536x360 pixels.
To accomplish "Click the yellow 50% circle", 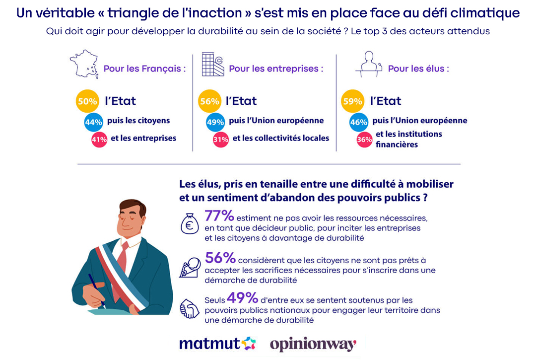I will (x=87, y=101).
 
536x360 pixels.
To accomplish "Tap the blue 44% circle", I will (x=94, y=122).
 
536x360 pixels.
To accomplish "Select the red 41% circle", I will (x=99, y=140).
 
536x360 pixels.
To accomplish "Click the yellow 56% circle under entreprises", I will (x=209, y=101).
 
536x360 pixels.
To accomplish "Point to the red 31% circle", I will (x=221, y=140).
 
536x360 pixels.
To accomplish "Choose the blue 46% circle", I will (x=359, y=122).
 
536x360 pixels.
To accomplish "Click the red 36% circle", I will (x=364, y=140).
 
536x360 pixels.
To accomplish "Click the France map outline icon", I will (x=84, y=64).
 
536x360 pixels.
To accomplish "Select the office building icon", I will (x=213, y=64).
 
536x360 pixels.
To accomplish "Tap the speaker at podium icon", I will (x=368, y=65).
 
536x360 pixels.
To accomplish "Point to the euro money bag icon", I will (x=190, y=223).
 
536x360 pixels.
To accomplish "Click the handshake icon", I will (x=189, y=310).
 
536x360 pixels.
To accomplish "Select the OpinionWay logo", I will (x=313, y=344).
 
